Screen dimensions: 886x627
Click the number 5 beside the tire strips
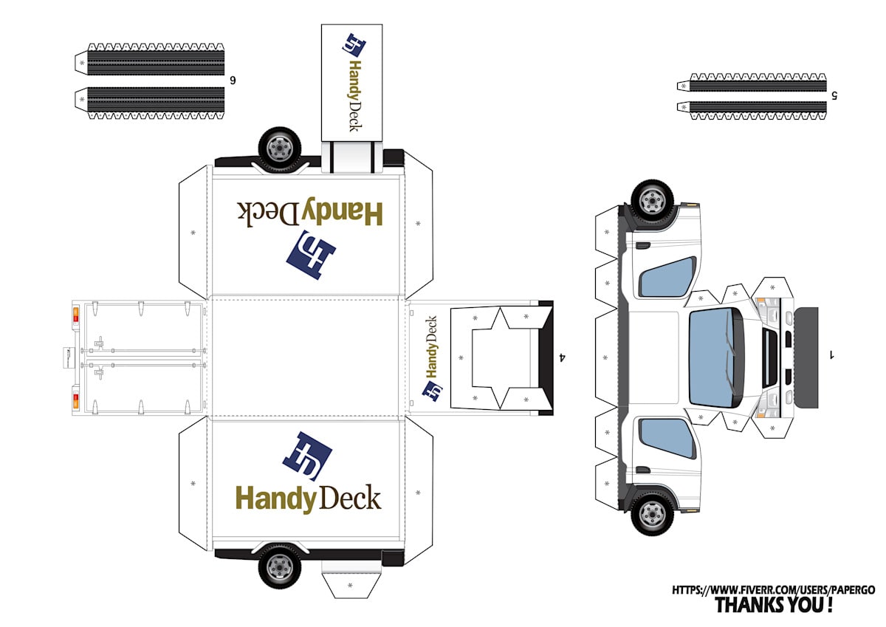tap(834, 95)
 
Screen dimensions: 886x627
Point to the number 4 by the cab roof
tap(563, 357)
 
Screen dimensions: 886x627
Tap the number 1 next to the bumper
tap(831, 355)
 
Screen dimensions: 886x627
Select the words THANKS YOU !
tap(774, 606)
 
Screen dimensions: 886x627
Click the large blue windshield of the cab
tap(715, 356)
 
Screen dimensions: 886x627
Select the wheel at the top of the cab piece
tap(652, 200)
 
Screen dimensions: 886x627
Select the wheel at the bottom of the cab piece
tap(652, 513)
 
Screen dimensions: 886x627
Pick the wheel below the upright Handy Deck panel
tap(280, 566)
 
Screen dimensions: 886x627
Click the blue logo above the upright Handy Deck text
tap(307, 456)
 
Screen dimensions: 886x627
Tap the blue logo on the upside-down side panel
tap(310, 255)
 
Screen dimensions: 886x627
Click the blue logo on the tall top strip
tap(352, 45)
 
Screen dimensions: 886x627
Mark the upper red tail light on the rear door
tap(75, 316)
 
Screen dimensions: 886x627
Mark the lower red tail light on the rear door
tap(75, 401)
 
